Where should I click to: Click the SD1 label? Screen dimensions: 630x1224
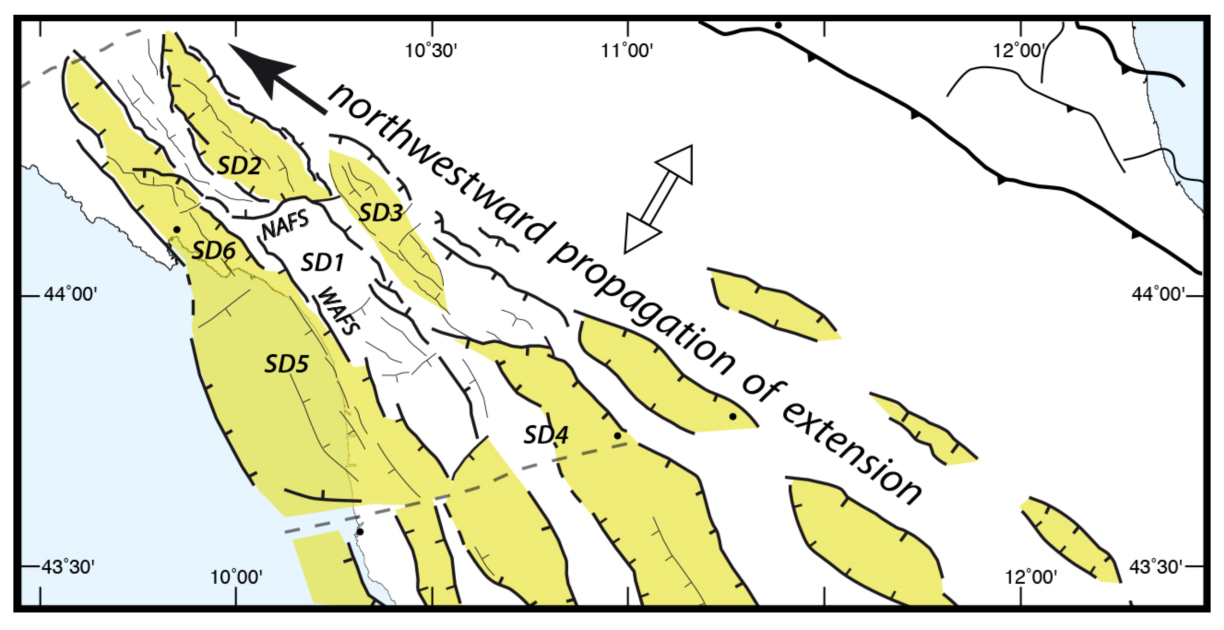pyautogui.click(x=322, y=263)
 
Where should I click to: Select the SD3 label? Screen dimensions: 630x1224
pyautogui.click(x=380, y=212)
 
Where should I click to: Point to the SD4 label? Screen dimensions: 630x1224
pyautogui.click(x=546, y=435)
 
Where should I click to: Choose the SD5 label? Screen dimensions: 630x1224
pyautogui.click(x=286, y=364)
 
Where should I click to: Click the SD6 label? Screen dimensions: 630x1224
pyautogui.click(x=214, y=250)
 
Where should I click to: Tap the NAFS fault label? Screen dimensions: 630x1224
pyautogui.click(x=285, y=224)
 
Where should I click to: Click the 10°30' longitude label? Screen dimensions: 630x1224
pyautogui.click(x=430, y=50)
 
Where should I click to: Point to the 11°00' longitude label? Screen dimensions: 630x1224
pyautogui.click(x=627, y=50)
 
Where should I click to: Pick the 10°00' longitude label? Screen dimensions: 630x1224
pyautogui.click(x=236, y=577)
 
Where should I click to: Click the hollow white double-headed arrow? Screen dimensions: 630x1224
pyautogui.click(x=658, y=199)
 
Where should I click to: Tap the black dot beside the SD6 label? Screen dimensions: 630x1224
pyautogui.click(x=177, y=230)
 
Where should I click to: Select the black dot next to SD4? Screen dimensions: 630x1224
pyautogui.click(x=617, y=435)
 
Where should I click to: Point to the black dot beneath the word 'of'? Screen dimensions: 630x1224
pyautogui.click(x=733, y=416)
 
